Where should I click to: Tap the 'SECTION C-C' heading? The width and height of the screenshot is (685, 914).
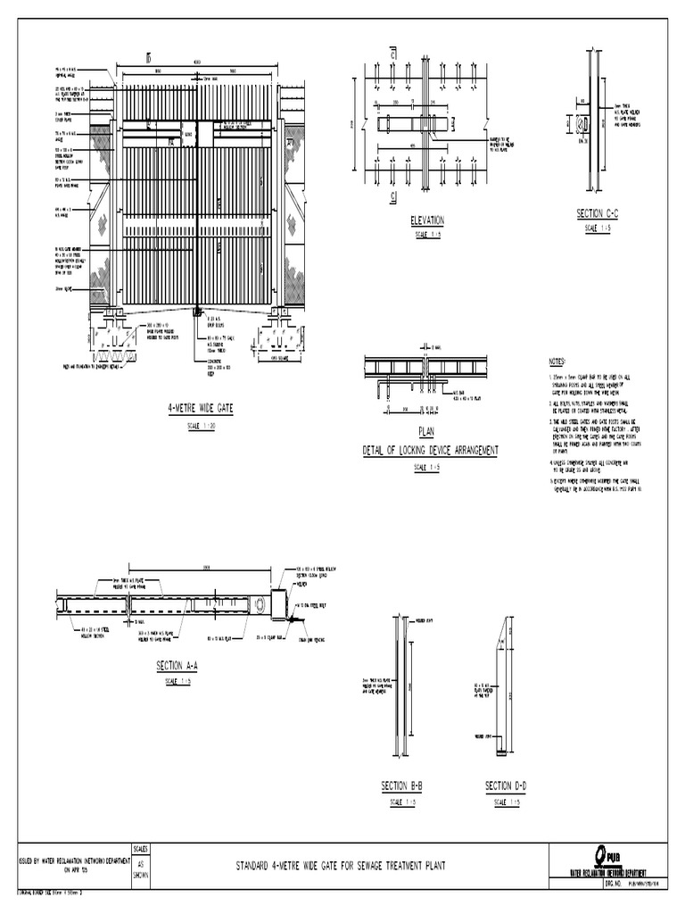click(x=598, y=214)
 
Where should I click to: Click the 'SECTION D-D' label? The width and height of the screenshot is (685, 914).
click(x=506, y=785)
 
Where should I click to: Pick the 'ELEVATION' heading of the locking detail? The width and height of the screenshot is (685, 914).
click(x=427, y=220)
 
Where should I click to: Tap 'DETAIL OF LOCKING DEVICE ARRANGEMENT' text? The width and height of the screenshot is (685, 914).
click(x=430, y=450)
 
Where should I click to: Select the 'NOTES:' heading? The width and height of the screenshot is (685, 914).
click(x=557, y=361)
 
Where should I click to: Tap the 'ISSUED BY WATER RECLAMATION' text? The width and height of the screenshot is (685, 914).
click(x=67, y=861)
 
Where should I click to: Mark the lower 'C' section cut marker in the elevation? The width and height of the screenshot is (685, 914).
click(x=393, y=195)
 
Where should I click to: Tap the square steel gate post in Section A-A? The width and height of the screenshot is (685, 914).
click(x=276, y=603)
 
